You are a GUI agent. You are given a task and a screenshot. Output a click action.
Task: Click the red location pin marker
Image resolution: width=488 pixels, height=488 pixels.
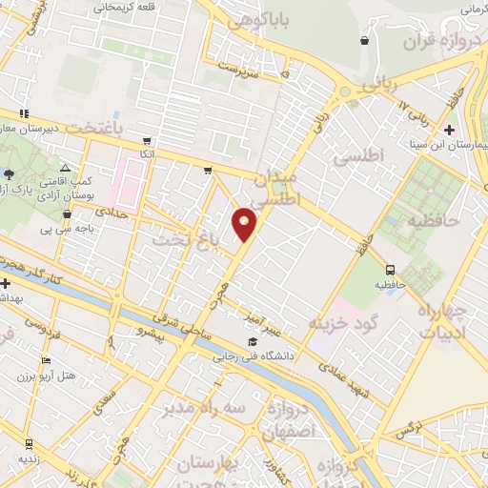245,223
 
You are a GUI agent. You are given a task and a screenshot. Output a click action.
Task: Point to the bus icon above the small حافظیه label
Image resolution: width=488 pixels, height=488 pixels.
391,270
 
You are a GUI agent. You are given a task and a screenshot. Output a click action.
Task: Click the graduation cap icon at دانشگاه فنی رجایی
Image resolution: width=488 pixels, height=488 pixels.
253,342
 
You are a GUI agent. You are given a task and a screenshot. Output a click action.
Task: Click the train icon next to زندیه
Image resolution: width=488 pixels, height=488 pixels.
29,443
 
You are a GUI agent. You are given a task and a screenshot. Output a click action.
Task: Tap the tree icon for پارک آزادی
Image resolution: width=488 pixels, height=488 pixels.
10,173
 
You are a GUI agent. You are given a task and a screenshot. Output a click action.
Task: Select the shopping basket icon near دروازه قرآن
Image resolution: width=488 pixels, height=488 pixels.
365,41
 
